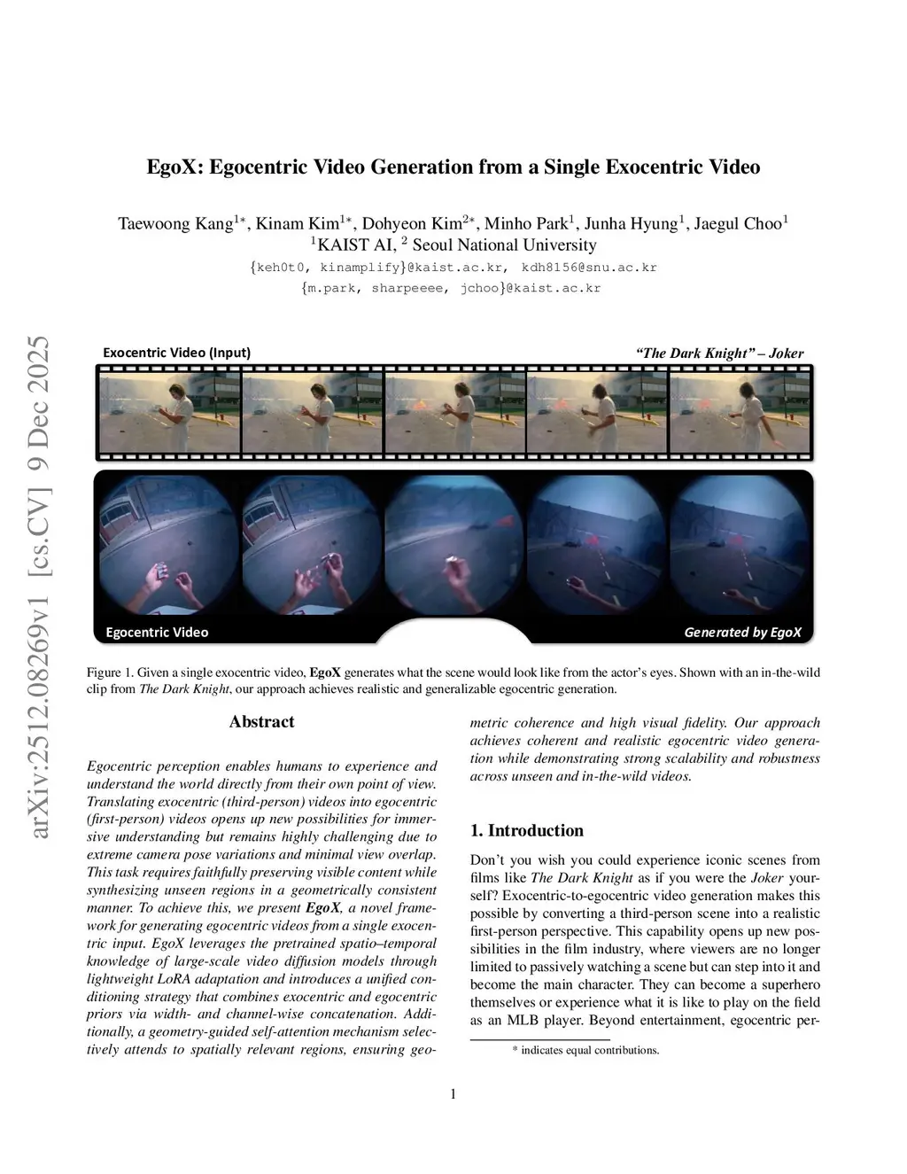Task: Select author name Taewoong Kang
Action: point(175,223)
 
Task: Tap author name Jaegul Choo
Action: point(739,223)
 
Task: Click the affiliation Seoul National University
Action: point(504,245)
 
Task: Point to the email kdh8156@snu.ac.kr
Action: point(589,268)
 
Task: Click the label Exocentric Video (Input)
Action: point(176,353)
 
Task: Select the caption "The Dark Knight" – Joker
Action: point(719,354)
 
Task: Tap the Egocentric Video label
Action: point(157,633)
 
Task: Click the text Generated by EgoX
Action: point(742,633)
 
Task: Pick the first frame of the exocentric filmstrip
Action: point(169,413)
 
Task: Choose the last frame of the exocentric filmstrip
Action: point(740,413)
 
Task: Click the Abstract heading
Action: point(261,722)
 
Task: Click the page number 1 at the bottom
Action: point(453,1094)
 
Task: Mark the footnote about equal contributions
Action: point(586,1051)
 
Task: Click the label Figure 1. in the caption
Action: point(110,673)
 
